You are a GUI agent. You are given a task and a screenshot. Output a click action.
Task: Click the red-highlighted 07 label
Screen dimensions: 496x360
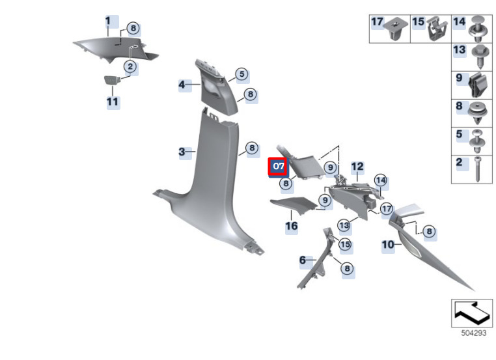click(278, 167)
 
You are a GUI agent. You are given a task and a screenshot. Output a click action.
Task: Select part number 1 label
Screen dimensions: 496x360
click(109, 21)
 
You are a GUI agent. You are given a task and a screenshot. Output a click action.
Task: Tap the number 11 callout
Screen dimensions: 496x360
click(113, 102)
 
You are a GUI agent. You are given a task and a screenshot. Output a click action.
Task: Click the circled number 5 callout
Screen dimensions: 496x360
click(242, 74)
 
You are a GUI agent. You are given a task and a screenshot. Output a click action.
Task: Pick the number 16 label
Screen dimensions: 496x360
click(292, 226)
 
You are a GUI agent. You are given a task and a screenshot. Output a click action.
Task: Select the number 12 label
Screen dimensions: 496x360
click(357, 167)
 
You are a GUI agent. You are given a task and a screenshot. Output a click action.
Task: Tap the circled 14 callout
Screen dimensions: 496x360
click(381, 180)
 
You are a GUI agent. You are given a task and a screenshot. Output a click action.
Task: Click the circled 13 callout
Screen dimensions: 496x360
click(344, 225)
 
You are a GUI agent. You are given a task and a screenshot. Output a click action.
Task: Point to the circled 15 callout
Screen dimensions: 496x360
click(345, 244)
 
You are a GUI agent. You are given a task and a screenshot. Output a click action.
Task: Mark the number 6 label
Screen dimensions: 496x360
click(303, 260)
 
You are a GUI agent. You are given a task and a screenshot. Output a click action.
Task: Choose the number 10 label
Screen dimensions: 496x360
click(388, 245)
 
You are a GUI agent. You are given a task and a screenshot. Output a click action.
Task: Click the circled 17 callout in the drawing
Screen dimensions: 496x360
click(387, 209)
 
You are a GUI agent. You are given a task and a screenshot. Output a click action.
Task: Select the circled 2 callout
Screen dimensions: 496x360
click(130, 67)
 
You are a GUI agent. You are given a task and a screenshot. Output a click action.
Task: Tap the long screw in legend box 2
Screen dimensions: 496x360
click(478, 169)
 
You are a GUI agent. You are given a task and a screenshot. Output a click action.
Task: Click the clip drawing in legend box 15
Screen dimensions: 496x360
click(437, 29)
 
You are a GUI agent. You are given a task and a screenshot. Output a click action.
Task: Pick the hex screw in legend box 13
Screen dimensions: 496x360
click(480, 57)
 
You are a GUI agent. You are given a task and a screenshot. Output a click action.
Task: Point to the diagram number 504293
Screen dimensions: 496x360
click(473, 333)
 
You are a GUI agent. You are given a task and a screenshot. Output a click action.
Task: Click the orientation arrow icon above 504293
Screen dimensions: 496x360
click(472, 313)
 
